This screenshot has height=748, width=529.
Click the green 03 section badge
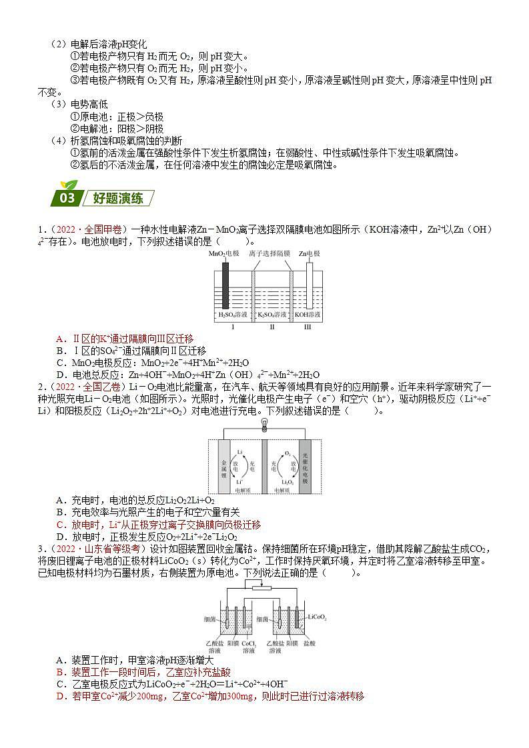(67, 198)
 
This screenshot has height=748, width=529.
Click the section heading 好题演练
(118, 199)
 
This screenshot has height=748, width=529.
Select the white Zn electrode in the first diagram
(309, 280)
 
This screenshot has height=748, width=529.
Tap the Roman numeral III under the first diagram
(308, 328)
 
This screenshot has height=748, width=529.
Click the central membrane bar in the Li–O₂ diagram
(264, 467)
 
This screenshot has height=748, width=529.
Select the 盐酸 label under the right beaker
(309, 643)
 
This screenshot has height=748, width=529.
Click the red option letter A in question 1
(60, 339)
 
